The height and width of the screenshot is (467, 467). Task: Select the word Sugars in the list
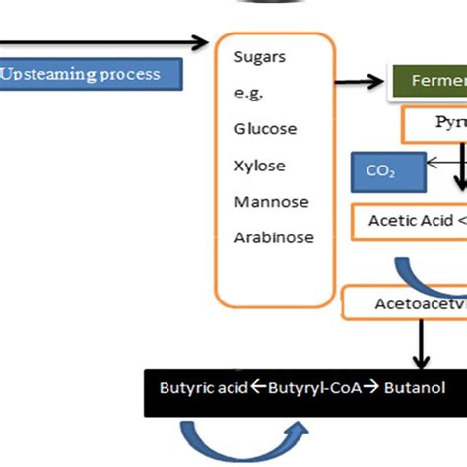[259, 56]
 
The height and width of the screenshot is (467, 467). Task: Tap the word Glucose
[265, 129]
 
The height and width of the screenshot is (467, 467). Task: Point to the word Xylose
[258, 166]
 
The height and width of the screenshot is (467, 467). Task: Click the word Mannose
[271, 202]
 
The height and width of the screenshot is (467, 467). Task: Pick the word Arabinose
[273, 237]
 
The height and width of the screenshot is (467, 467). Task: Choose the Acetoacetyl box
[406, 303]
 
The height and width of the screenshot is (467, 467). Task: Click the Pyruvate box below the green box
[434, 124]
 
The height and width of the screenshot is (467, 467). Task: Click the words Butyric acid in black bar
[202, 388]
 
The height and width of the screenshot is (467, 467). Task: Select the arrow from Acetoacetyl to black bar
[422, 344]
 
